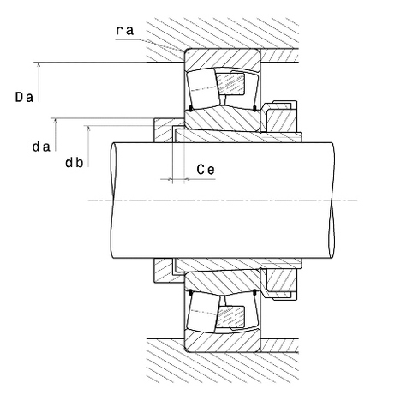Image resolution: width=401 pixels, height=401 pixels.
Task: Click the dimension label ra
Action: click(x=125, y=30)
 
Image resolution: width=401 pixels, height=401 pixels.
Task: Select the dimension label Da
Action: click(x=24, y=97)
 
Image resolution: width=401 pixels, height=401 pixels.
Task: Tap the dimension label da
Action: click(x=41, y=147)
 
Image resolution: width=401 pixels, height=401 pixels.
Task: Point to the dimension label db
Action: click(x=75, y=163)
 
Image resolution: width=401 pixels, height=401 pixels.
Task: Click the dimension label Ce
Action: click(x=206, y=170)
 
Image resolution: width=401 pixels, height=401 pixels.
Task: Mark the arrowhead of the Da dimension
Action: click(x=39, y=65)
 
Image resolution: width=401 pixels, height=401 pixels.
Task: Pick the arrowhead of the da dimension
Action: click(x=56, y=121)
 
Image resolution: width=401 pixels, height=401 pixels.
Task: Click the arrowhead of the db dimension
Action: click(x=88, y=129)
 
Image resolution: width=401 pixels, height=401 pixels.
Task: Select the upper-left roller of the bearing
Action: click(x=203, y=88)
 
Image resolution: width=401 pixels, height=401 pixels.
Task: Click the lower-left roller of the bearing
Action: click(x=203, y=312)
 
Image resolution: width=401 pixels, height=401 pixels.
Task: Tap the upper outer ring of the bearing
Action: click(x=222, y=59)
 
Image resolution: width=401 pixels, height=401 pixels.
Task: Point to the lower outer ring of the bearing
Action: click(x=222, y=342)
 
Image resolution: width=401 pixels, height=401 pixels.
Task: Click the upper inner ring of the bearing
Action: click(x=222, y=119)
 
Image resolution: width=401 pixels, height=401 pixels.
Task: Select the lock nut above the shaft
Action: click(x=280, y=117)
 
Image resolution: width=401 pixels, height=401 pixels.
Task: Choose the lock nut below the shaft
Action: click(x=280, y=284)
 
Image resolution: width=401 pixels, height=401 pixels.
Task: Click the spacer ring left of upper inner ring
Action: click(x=164, y=130)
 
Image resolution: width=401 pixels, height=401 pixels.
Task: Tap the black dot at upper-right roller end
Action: click(x=254, y=108)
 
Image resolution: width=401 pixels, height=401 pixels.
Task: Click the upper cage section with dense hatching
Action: click(x=230, y=84)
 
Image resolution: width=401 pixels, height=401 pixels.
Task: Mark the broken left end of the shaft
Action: click(x=114, y=200)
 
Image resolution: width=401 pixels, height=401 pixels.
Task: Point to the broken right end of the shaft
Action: click(x=332, y=200)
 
